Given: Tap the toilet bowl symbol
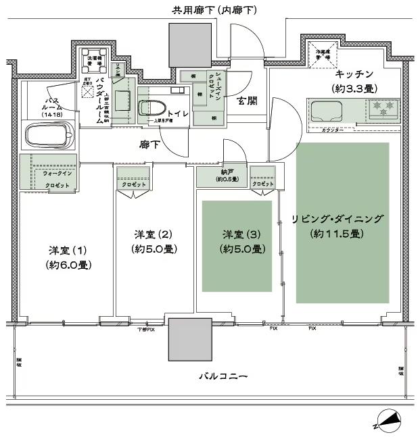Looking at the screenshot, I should [x=150, y=108].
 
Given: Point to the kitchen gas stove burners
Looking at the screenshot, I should [x=383, y=109].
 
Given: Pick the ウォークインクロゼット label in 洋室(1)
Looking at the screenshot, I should [x=57, y=178].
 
